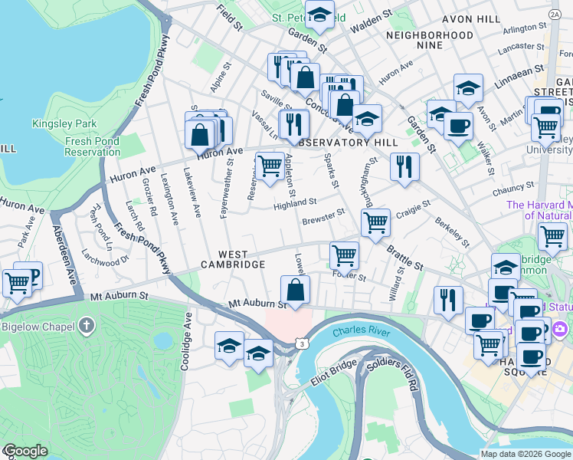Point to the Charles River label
pos(362,333)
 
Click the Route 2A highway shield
pos(554,14)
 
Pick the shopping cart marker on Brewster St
pos(375,223)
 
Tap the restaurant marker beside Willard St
pos(448,299)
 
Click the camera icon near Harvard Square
pos(560,329)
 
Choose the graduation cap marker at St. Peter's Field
pos(319,13)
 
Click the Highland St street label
pos(296,202)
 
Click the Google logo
pos(25,451)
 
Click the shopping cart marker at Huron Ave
pos(269,166)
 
